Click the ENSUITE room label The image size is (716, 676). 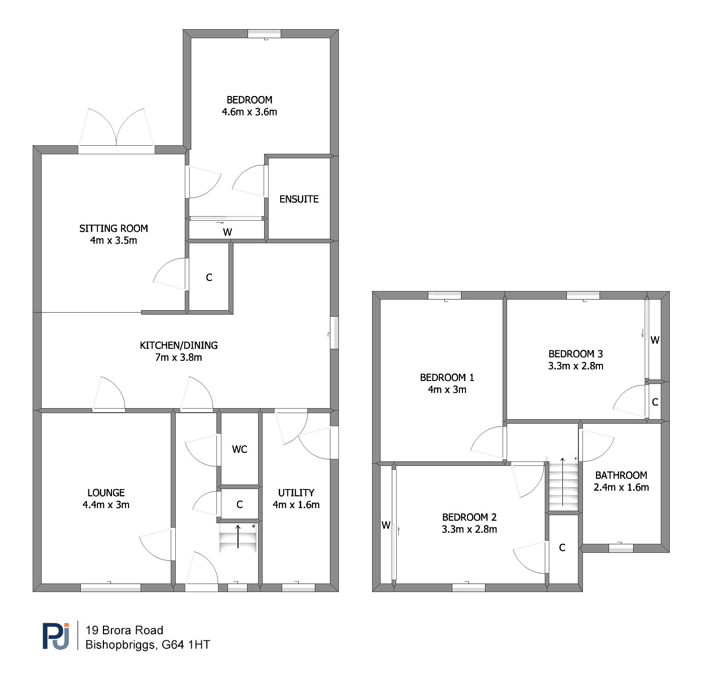(299, 199)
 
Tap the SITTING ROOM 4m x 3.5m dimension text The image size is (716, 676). (113, 240)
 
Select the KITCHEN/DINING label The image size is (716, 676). (179, 345)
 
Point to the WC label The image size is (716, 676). (240, 449)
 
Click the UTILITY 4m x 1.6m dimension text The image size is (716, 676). (296, 505)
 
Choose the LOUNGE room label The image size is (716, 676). (106, 493)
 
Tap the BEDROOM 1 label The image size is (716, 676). (447, 377)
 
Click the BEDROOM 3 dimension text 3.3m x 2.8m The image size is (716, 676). (576, 366)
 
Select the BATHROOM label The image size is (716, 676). (621, 475)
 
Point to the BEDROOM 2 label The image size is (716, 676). (469, 517)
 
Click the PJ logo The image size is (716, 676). (56, 636)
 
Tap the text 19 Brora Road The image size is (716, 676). (125, 630)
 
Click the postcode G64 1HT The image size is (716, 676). (186, 645)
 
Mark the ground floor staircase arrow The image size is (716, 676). (238, 537)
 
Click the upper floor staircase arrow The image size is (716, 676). (562, 481)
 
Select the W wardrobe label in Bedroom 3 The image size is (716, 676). (655, 340)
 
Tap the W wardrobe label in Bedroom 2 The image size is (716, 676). (386, 525)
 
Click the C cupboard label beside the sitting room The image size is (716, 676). (209, 277)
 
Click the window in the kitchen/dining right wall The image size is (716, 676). (334, 333)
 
